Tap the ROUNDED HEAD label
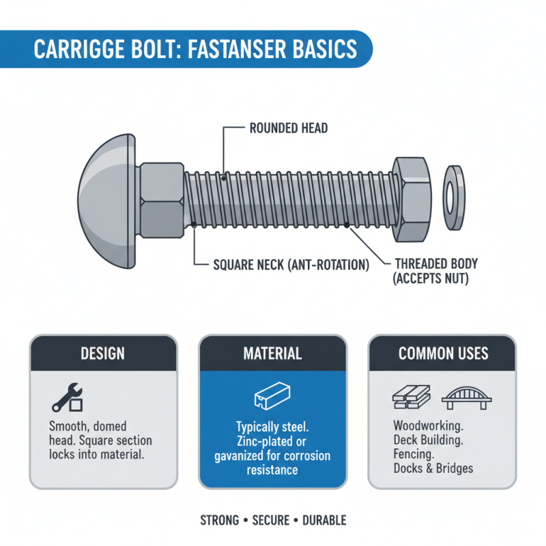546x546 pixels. (289, 128)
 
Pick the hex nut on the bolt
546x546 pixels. (411, 199)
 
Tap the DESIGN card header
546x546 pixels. (103, 354)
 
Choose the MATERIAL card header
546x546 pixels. (272, 354)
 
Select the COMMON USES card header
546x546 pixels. (443, 354)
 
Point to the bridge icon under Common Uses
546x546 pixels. (468, 398)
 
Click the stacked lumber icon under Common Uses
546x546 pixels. (412, 397)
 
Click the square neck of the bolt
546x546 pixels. (161, 201)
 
